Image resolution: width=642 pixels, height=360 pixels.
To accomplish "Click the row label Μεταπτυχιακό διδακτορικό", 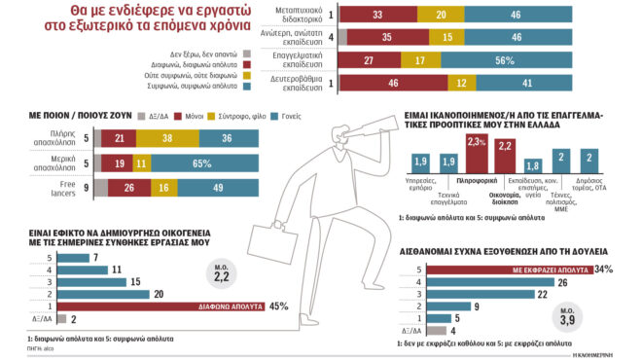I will click(286, 16).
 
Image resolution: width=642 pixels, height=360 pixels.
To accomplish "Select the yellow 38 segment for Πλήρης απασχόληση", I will click(167, 139).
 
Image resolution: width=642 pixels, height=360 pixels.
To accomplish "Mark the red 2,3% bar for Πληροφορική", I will click(475, 157).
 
